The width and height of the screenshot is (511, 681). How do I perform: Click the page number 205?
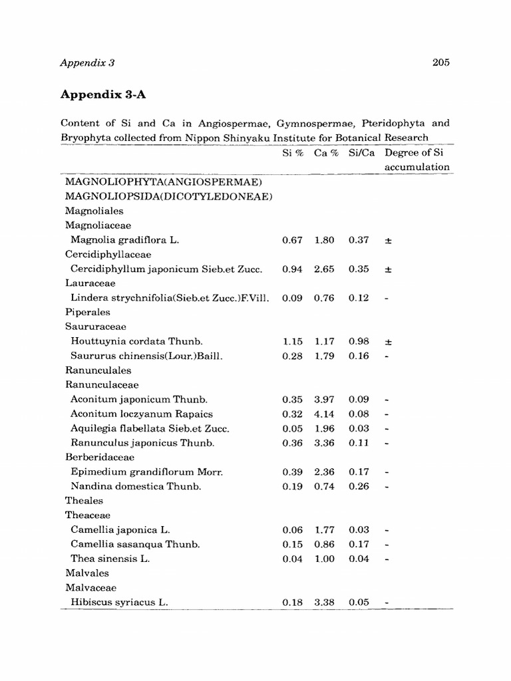click(440, 63)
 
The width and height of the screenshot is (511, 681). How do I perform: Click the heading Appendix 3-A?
click(103, 94)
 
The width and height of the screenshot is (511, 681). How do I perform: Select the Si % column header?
click(293, 152)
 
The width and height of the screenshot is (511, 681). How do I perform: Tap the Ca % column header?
click(327, 152)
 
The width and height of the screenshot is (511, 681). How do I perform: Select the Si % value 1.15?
click(292, 341)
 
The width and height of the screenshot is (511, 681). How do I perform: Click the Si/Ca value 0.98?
click(359, 341)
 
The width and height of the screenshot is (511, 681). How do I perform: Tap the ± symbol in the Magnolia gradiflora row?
click(388, 240)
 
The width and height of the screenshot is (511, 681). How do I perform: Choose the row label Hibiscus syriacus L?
click(119, 602)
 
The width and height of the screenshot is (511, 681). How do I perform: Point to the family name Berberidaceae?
click(99, 457)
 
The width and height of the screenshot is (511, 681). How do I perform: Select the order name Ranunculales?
click(98, 370)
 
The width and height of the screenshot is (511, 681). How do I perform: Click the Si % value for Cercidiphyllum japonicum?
click(292, 269)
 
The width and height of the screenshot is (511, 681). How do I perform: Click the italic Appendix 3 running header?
click(88, 63)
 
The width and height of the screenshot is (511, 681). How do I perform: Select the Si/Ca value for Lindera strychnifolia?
click(359, 298)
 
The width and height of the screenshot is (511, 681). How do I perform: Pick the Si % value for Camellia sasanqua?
click(292, 544)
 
